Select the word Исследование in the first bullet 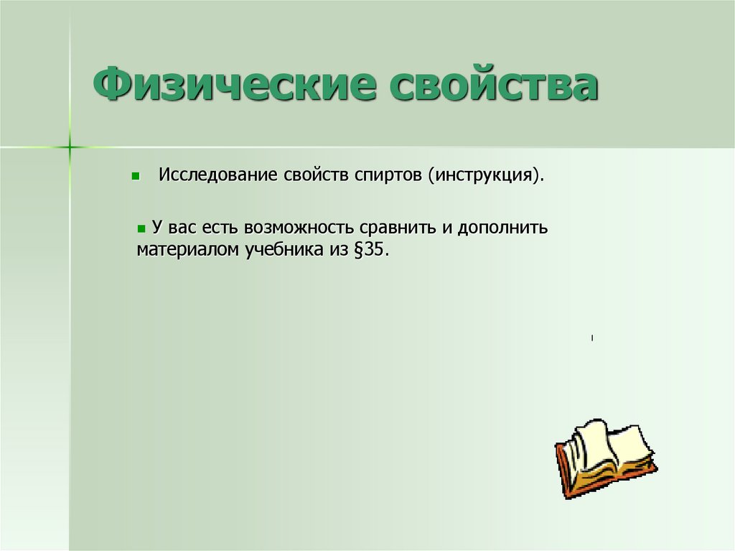tap(217, 175)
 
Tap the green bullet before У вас tap(141, 228)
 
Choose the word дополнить tap(502, 228)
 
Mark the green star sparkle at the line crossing tap(70, 147)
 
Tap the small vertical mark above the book tap(592, 338)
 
